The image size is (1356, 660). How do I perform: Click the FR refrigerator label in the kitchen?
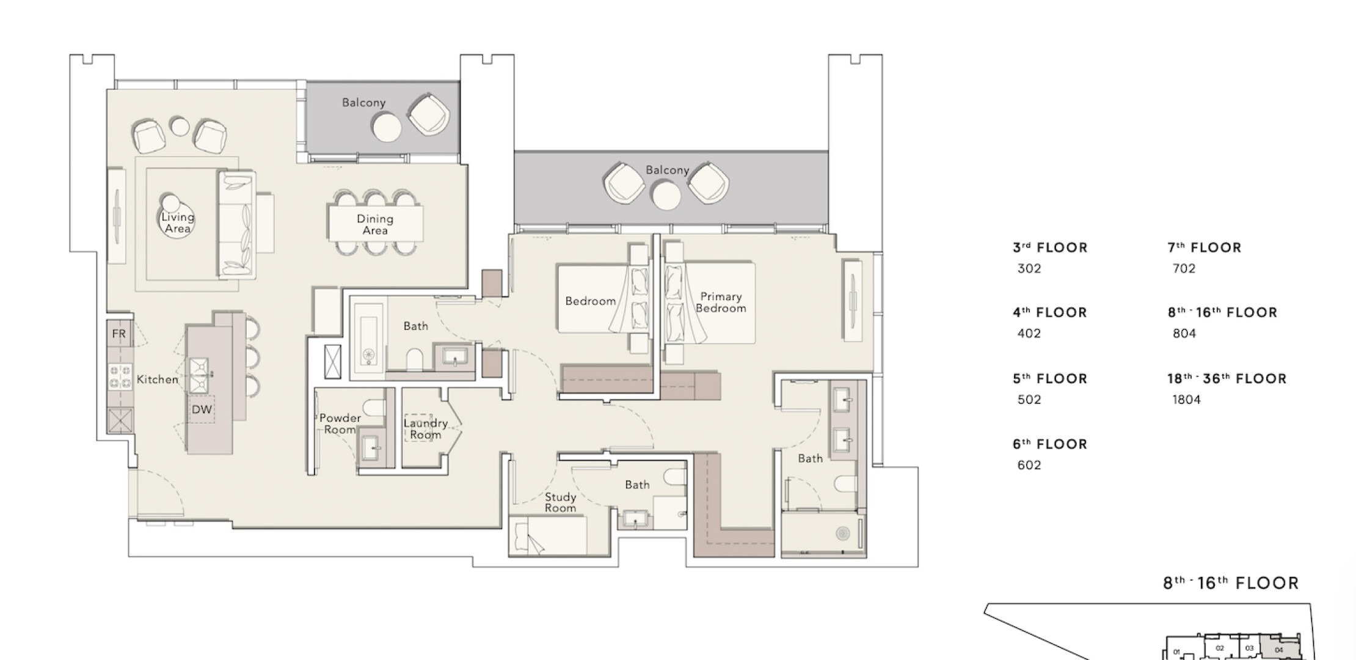pyautogui.click(x=118, y=334)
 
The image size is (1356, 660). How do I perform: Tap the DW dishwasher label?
pyautogui.click(x=202, y=409)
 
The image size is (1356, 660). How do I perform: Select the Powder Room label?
pyautogui.click(x=340, y=424)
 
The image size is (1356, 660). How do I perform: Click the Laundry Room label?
pyautogui.click(x=426, y=428)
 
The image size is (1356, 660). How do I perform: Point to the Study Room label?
pyautogui.click(x=561, y=502)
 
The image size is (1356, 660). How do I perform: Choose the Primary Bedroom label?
pyautogui.click(x=721, y=302)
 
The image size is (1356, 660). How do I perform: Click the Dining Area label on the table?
pyautogui.click(x=375, y=224)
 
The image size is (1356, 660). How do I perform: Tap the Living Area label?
pyautogui.click(x=178, y=222)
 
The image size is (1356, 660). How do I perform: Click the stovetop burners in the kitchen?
pyautogui.click(x=120, y=376)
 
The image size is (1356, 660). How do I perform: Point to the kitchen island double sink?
pyautogui.click(x=200, y=375)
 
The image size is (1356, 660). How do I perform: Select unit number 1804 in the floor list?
pyautogui.click(x=1186, y=400)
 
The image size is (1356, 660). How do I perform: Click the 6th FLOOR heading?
pyautogui.click(x=1050, y=444)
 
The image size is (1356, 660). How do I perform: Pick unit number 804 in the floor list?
pyautogui.click(x=1184, y=334)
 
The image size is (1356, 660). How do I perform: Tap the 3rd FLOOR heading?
pyautogui.click(x=1050, y=248)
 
